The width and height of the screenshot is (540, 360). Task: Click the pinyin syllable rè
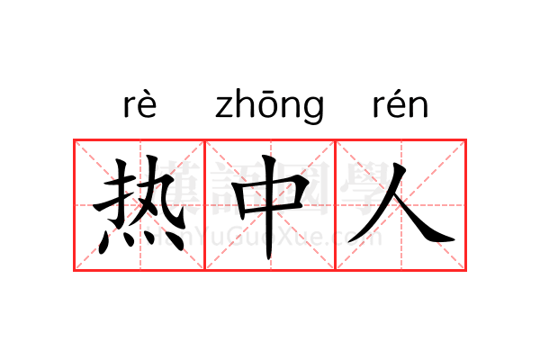coord(139,104)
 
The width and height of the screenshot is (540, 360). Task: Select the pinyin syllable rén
coord(400,104)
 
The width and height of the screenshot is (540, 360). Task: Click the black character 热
coord(139,205)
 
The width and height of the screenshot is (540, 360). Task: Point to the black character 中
coord(270,207)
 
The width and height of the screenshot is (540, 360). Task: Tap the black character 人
coord(401,203)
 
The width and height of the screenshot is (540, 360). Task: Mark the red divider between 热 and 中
coord(205,205)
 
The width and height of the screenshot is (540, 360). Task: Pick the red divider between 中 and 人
coord(336,205)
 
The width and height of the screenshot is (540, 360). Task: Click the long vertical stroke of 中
coord(269,207)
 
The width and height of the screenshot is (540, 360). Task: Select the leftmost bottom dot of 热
coord(103,242)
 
